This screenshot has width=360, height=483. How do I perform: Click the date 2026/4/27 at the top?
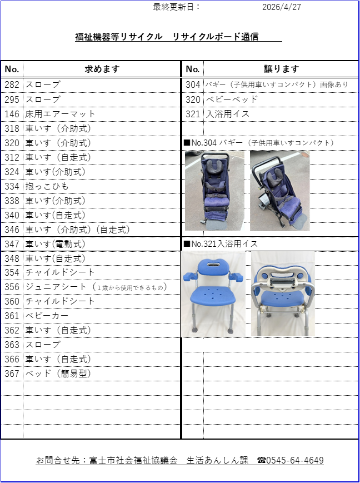tap(282, 7)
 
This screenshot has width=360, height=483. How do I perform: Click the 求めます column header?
tap(102, 69)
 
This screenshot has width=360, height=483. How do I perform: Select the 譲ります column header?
tap(282, 69)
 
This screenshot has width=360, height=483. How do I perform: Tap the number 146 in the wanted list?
tap(12, 114)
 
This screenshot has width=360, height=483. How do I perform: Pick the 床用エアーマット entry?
tap(61, 114)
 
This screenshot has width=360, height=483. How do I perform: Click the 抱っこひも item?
tap(47, 186)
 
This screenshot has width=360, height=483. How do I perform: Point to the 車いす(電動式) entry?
tap(55, 244)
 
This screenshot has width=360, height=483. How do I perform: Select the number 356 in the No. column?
tap(12, 287)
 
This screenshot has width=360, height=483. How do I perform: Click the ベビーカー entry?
tap(47, 316)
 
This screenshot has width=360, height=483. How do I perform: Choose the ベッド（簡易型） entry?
tap(58, 374)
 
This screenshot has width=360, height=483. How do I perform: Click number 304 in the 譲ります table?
tap(193, 84)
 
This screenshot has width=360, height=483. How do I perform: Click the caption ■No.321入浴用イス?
tap(221, 244)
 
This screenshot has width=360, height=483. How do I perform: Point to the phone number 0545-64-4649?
tap(294, 461)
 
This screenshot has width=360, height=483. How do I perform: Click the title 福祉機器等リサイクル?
tap(119, 37)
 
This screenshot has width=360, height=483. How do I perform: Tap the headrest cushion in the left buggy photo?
tap(215, 166)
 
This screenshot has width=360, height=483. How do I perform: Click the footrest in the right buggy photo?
tap(299, 221)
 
